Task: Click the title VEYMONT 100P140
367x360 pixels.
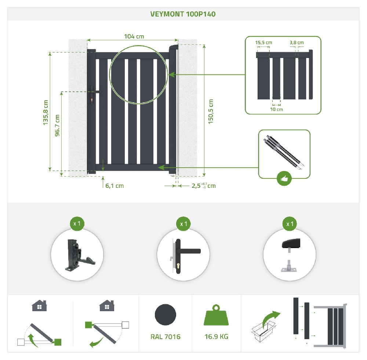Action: [x=183, y=14]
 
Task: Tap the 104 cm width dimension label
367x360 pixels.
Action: [x=134, y=36]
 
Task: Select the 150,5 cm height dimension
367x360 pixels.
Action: [x=211, y=111]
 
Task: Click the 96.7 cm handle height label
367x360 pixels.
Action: [x=57, y=126]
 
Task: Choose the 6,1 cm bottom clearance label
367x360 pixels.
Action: [x=115, y=186]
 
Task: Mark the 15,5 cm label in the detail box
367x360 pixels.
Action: [x=264, y=43]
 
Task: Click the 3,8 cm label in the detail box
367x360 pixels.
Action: [x=297, y=43]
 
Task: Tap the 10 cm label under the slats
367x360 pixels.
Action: [x=276, y=109]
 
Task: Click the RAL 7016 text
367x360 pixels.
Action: [x=165, y=337]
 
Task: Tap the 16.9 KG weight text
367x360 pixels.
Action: [x=216, y=337]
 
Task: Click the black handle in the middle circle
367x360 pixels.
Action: [x=183, y=252]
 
